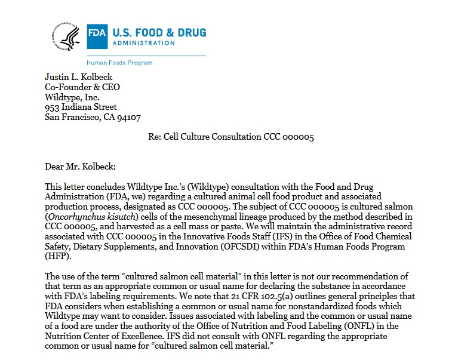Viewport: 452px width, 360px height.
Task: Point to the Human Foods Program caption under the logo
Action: point(119,63)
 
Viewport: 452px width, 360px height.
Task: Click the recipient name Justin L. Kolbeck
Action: point(79,77)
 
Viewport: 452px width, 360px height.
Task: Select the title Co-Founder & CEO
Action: point(82,87)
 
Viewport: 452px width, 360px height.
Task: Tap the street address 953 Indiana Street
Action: point(81,107)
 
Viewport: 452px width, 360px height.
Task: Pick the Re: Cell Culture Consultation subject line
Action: point(231,137)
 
